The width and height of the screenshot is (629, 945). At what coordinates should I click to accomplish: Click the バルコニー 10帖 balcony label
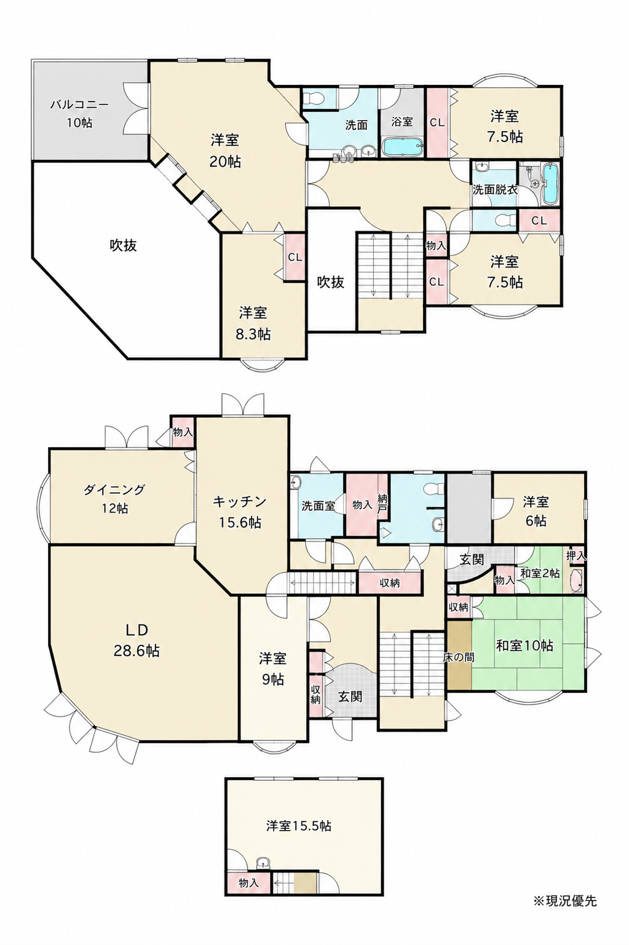pos(79,113)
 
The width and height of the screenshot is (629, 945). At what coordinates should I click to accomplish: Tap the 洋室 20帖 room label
pos(225,151)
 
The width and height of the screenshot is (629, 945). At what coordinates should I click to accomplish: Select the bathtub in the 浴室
pos(402,147)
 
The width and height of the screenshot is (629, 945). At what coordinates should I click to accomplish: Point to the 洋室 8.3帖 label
pos(253,323)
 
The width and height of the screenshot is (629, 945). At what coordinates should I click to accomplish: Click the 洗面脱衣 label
pos(494,189)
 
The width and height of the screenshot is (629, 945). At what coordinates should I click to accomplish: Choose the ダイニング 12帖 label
pos(114,498)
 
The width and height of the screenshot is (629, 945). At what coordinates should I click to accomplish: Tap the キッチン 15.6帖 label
pos(239,512)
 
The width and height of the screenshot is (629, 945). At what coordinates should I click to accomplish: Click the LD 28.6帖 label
pos(136,640)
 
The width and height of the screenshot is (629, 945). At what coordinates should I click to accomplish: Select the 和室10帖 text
pos(524,645)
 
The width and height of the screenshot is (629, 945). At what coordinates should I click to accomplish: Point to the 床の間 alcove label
pos(459,657)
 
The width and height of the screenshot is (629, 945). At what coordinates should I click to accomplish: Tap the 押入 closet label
pos(576,556)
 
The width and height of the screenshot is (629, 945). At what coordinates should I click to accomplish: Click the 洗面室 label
pos(318,506)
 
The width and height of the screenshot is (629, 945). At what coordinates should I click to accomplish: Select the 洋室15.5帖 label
pos(299,825)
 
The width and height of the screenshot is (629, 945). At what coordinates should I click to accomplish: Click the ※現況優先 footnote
pos(565,901)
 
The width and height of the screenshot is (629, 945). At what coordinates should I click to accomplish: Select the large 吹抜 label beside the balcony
pos(124,245)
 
